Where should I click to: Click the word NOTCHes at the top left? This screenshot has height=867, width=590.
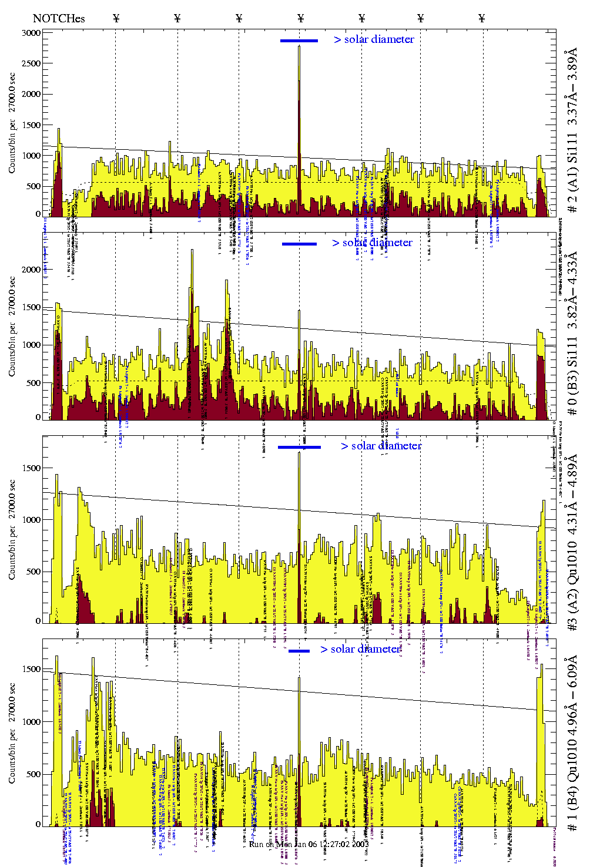tap(59, 18)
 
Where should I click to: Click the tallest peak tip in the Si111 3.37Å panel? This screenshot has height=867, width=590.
tap(299, 46)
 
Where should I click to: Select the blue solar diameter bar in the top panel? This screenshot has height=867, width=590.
tap(299, 41)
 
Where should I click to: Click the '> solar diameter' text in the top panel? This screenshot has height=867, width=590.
tap(374, 39)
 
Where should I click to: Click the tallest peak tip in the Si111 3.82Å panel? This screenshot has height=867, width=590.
tap(192, 250)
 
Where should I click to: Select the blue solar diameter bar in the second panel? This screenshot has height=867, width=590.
tap(299, 244)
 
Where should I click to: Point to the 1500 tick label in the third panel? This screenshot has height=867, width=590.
tap(32, 468)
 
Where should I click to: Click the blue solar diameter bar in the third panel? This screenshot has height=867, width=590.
tap(299, 447)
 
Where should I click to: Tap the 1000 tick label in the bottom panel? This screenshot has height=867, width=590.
tap(32, 722)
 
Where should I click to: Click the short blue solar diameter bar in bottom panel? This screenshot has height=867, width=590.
tap(299, 651)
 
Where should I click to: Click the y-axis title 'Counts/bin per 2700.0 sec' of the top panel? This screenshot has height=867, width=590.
tap(12, 123)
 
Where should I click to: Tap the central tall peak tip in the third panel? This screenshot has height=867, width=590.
tap(299, 453)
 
